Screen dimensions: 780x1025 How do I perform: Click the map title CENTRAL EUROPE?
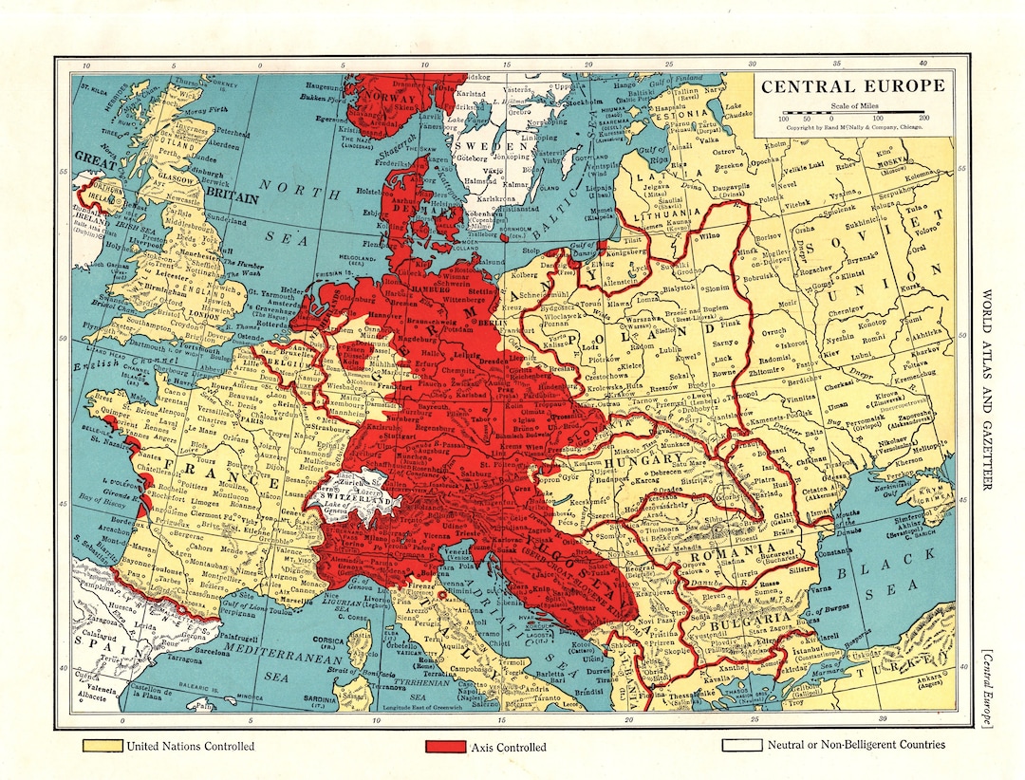[x=851, y=86]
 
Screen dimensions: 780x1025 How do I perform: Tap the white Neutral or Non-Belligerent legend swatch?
[x=742, y=746]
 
